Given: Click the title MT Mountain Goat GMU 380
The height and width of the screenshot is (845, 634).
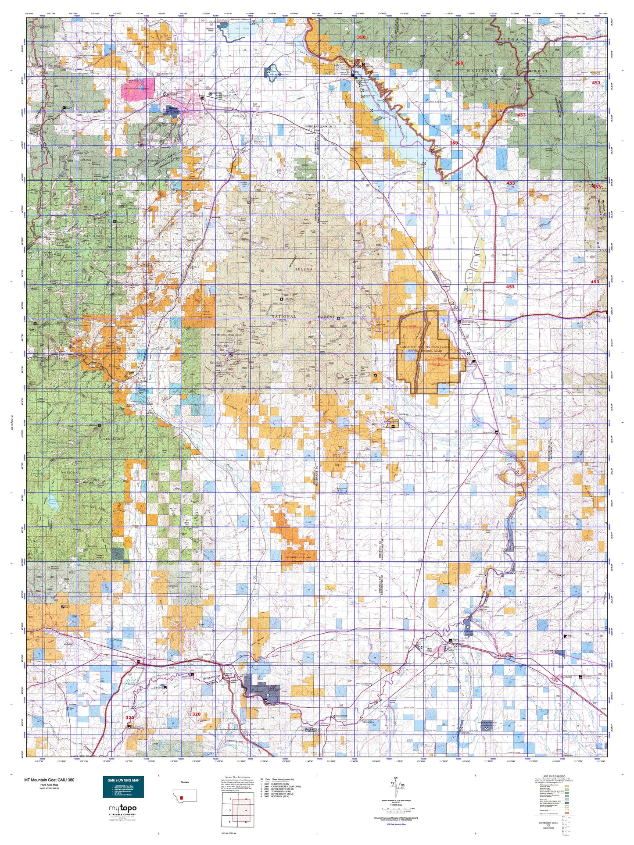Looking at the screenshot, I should click(x=49, y=780).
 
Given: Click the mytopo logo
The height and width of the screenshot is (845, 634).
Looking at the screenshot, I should click(x=122, y=808).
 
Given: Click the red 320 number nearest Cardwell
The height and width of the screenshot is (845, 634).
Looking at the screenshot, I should click(x=196, y=714).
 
